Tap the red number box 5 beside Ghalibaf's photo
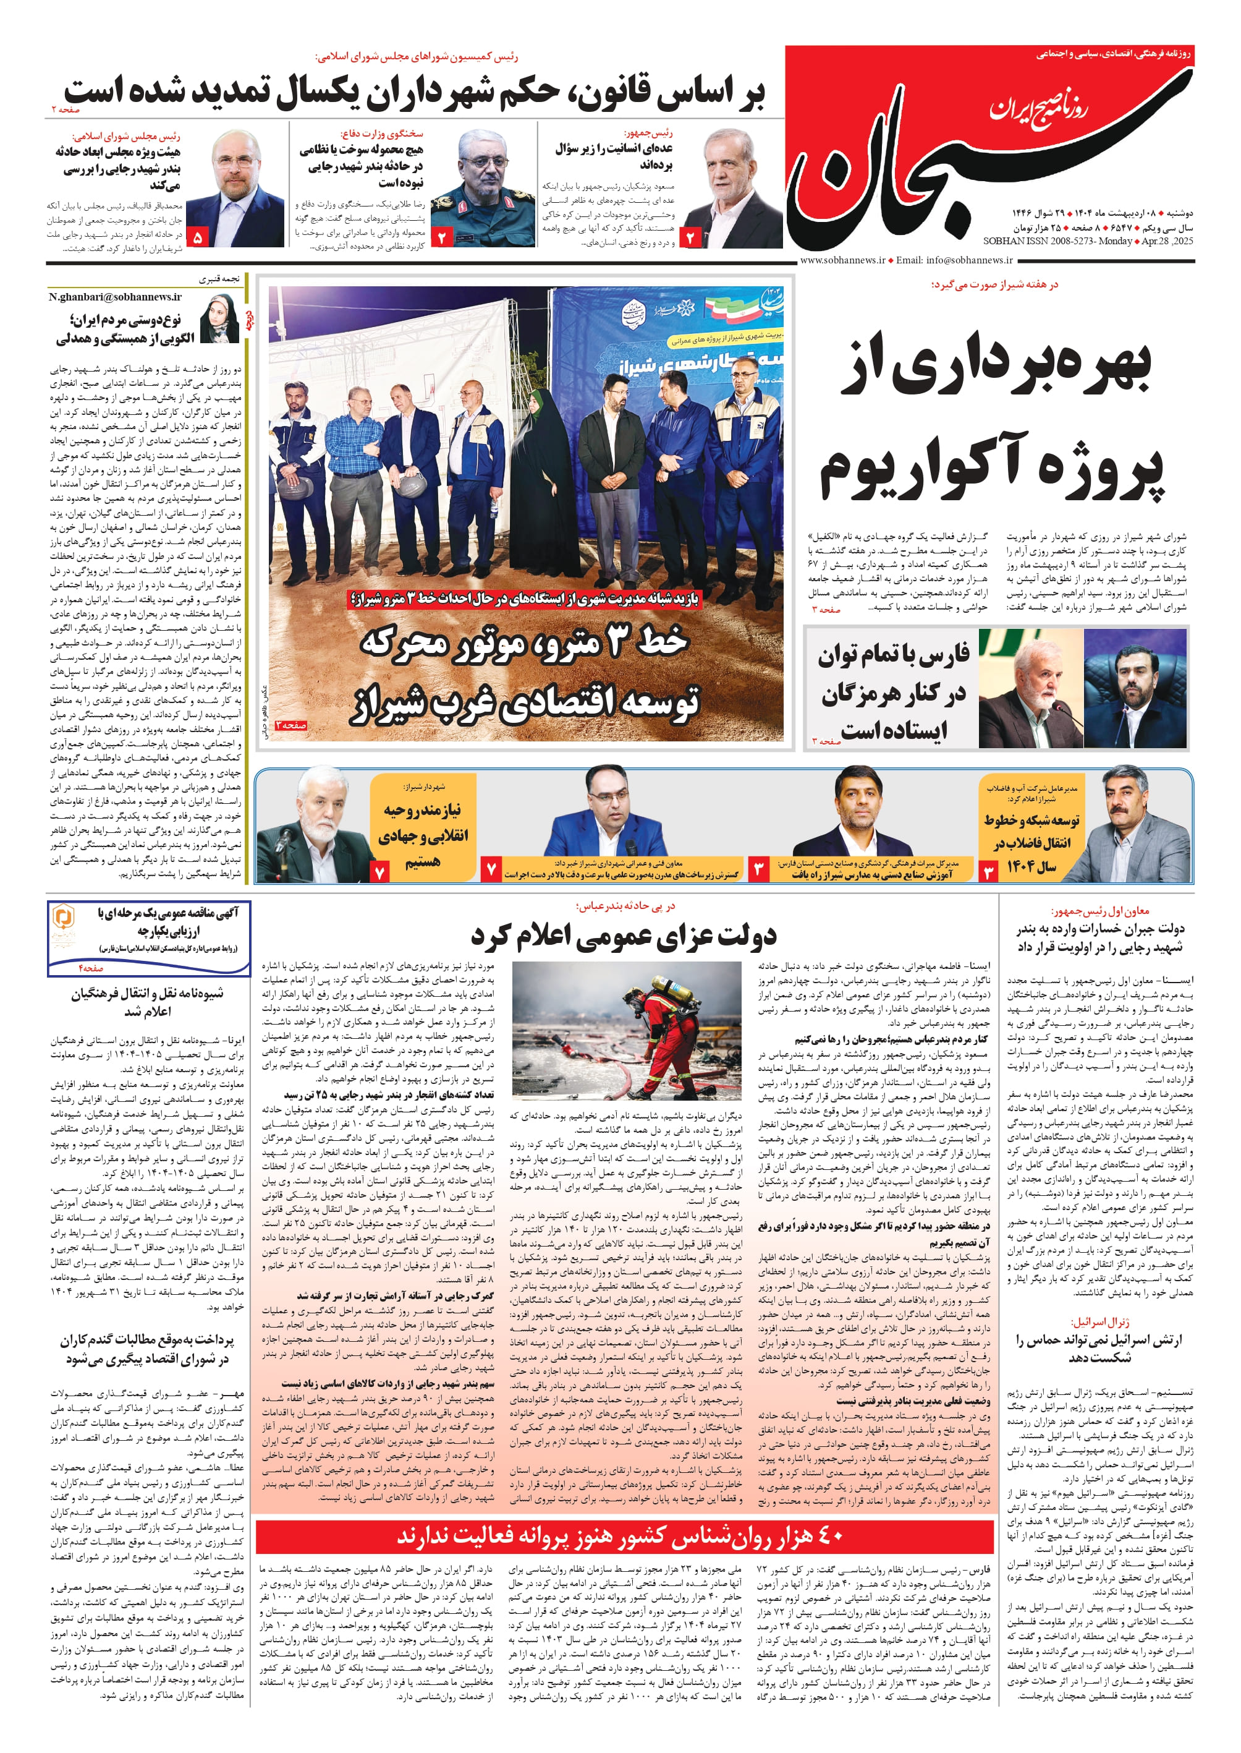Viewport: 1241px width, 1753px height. click(198, 237)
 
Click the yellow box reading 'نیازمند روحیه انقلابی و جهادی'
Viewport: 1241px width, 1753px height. click(423, 834)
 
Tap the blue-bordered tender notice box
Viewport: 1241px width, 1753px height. click(149, 937)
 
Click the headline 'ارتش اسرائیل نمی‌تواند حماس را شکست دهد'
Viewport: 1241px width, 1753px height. click(1098, 1349)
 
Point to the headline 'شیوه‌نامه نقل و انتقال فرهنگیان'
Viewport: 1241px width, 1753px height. click(148, 1002)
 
